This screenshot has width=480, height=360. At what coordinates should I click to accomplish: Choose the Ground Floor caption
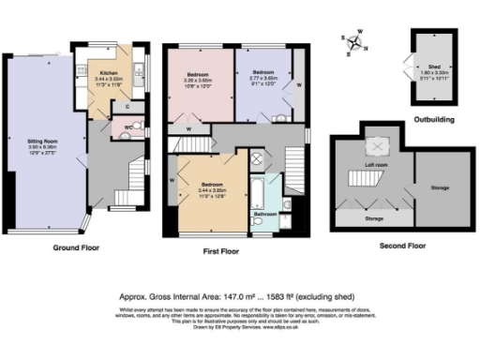click(x=78, y=250)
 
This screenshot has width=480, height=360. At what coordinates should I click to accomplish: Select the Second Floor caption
click(x=404, y=246)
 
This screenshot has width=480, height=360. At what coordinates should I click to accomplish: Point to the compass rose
click(x=353, y=42)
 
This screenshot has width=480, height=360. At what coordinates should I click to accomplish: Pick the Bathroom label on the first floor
click(x=264, y=216)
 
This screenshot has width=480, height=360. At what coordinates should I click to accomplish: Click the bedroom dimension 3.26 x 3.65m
click(x=196, y=80)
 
